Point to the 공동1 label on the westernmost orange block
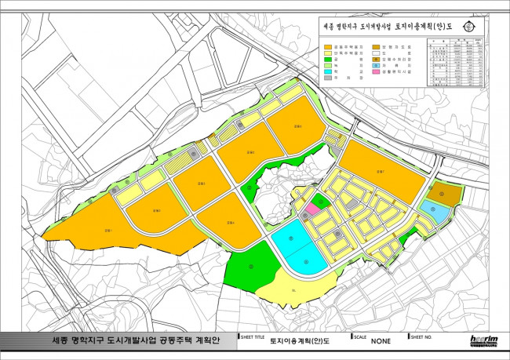(106, 230)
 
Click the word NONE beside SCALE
(381, 341)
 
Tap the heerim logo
(480, 340)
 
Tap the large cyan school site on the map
(298, 247)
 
